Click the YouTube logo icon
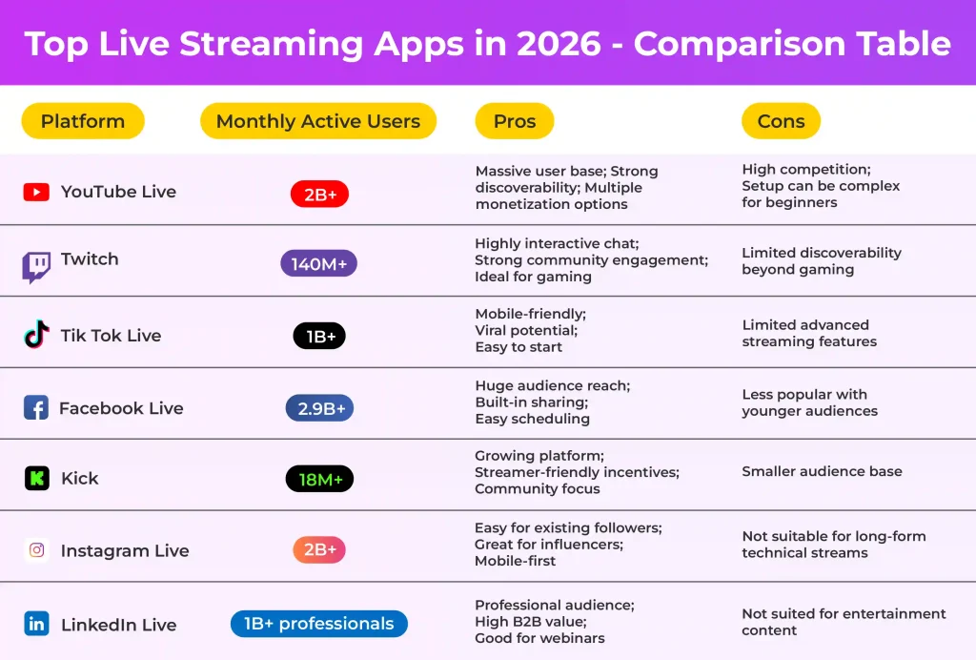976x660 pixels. (x=36, y=192)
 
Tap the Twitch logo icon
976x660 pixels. (x=36, y=266)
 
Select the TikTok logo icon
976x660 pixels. (x=36, y=335)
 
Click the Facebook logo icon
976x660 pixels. (x=36, y=408)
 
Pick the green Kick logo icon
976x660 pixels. (x=36, y=479)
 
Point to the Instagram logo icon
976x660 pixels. (x=36, y=550)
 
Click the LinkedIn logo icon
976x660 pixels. (x=36, y=625)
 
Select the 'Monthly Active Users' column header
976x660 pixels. (x=317, y=121)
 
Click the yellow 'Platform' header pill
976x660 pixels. (x=82, y=121)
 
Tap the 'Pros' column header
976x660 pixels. (x=514, y=121)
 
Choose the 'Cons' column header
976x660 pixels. (x=781, y=121)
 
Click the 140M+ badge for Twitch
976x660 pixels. (x=318, y=263)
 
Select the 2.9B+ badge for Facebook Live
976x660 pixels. (x=319, y=408)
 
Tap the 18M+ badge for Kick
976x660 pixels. (x=319, y=479)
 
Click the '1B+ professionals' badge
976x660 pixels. (x=318, y=624)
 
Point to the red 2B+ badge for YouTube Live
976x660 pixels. (x=319, y=195)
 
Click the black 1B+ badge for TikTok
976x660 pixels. (x=319, y=336)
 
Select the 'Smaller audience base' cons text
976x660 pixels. (x=822, y=471)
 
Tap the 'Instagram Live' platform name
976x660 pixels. (x=125, y=551)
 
